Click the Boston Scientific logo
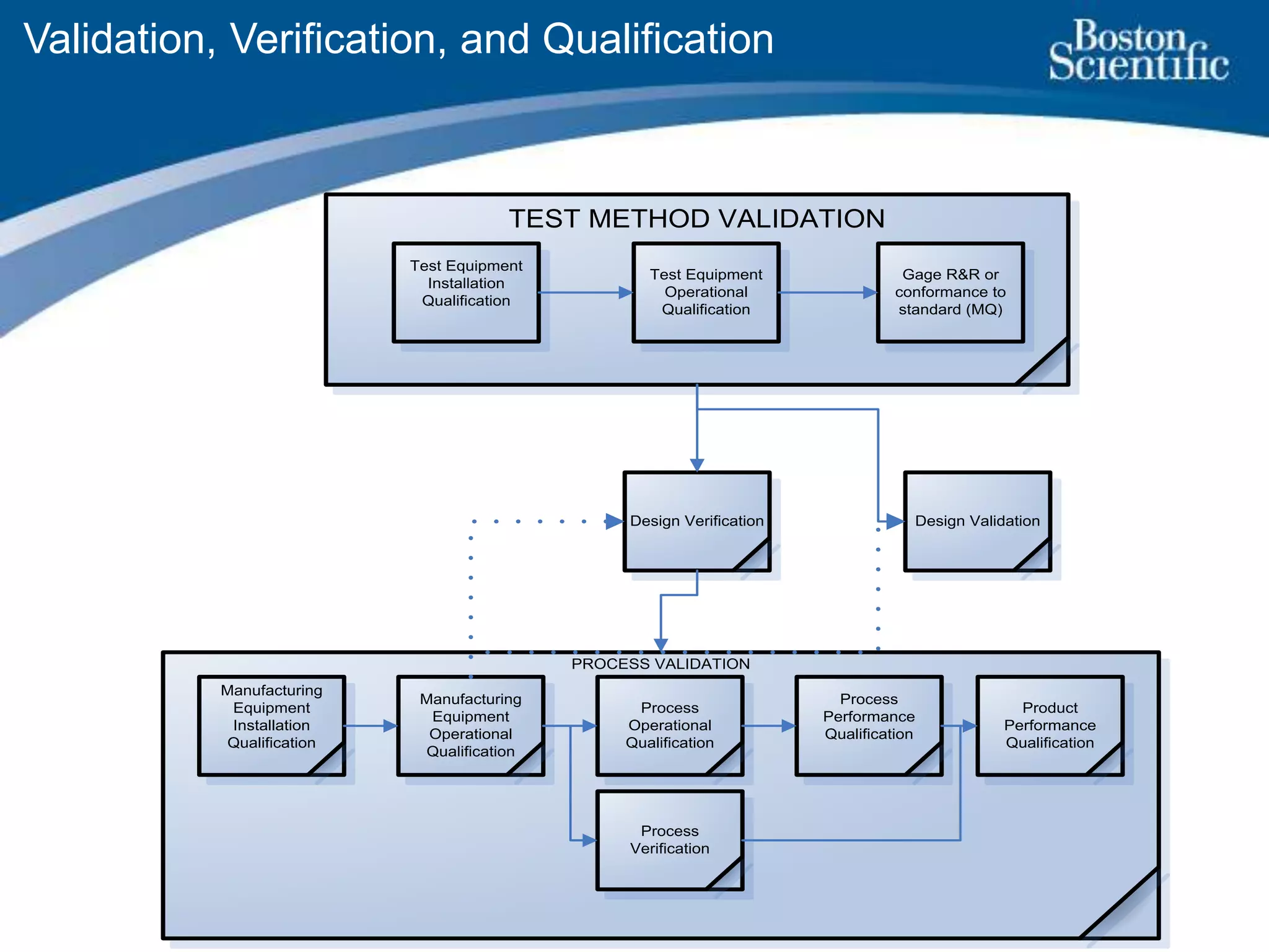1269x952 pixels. click(1138, 51)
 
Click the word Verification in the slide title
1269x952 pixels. click(338, 39)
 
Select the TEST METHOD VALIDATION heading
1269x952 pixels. click(696, 219)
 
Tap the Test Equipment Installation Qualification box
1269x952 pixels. click(466, 292)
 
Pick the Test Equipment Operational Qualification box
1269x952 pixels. click(706, 292)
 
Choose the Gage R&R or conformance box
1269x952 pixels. click(950, 292)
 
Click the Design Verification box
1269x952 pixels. click(696, 521)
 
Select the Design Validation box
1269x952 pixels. click(977, 521)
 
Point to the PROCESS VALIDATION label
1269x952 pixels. click(661, 664)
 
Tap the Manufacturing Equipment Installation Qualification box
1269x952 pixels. click(271, 725)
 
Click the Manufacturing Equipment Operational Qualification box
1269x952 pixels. click(470, 725)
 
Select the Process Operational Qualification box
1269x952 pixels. click(669, 725)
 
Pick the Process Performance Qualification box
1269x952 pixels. click(869, 725)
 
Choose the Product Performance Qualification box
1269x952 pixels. click(1050, 725)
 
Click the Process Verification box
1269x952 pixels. click(669, 840)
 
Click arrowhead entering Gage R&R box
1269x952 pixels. click(870, 293)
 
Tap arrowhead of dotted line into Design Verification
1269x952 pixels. click(614, 521)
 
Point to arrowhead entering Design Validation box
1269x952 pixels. click(895, 521)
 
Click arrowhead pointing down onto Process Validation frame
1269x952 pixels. click(661, 645)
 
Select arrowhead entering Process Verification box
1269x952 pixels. click(589, 840)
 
